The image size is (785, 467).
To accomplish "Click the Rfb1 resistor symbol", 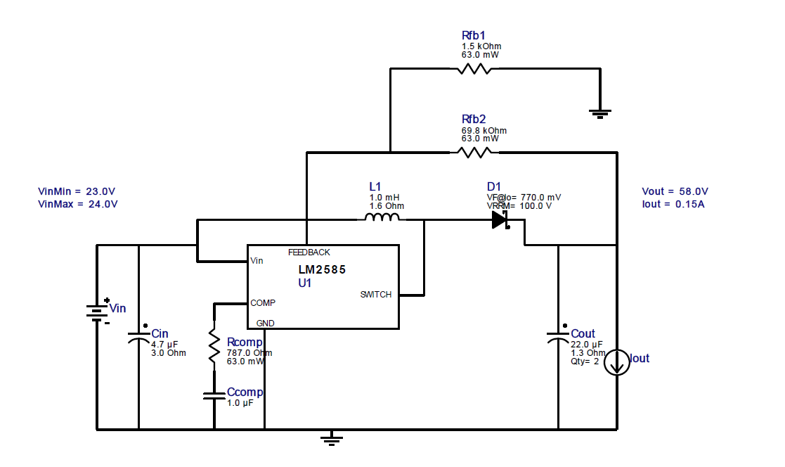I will pos(474,69).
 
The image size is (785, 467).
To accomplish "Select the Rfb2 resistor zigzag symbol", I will pos(474,152).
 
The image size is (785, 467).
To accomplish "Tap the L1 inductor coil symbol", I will pos(382,219).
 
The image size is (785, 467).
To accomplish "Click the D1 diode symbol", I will pos(500,220).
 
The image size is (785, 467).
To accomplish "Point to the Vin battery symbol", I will pos(96,312).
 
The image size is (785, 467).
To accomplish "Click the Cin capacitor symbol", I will pos(138,338).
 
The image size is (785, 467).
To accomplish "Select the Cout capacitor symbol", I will pos(558,338).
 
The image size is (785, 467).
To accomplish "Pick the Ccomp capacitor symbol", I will pos(214,396).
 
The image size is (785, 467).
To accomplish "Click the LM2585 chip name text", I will pos(322,269).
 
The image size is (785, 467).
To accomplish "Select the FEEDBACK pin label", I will pos(309,252).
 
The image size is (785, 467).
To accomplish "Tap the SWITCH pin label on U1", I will pos(375,295).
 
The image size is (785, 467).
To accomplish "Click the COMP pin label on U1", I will pos(263,303).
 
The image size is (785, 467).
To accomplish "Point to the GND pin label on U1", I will pos(265,324).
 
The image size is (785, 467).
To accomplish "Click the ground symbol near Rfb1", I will pos(599,113).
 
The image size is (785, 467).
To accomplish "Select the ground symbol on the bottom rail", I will pos(332,440).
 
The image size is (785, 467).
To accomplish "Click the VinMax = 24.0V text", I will pos(77,204).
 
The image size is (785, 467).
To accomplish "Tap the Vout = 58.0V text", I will pos(675,191).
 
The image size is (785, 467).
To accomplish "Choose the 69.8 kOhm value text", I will pos(484,131).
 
